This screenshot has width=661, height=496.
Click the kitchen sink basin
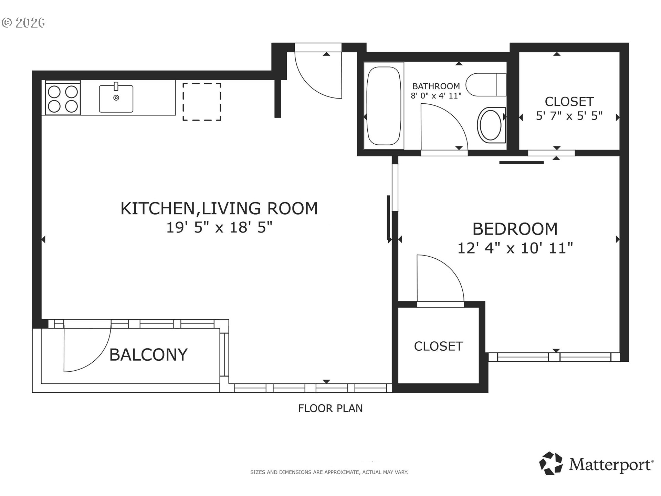click(116, 99)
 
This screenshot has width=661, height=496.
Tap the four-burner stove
click(63, 99)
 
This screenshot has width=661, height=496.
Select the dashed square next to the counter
click(201, 102)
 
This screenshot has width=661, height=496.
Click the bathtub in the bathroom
click(384, 106)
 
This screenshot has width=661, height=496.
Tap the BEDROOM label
click(515, 229)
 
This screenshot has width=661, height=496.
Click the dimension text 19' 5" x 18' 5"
click(219, 227)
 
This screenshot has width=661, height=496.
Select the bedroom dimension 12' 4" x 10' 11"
click(515, 248)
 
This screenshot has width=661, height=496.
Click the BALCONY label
click(148, 354)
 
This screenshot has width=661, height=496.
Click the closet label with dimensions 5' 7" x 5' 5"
click(569, 108)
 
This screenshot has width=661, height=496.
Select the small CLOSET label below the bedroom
click(438, 346)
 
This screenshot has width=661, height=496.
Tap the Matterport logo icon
click(551, 463)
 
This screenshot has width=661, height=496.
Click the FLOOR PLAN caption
click(330, 408)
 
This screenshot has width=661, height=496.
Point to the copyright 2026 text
click(23, 23)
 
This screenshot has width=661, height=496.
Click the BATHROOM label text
click(436, 86)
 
